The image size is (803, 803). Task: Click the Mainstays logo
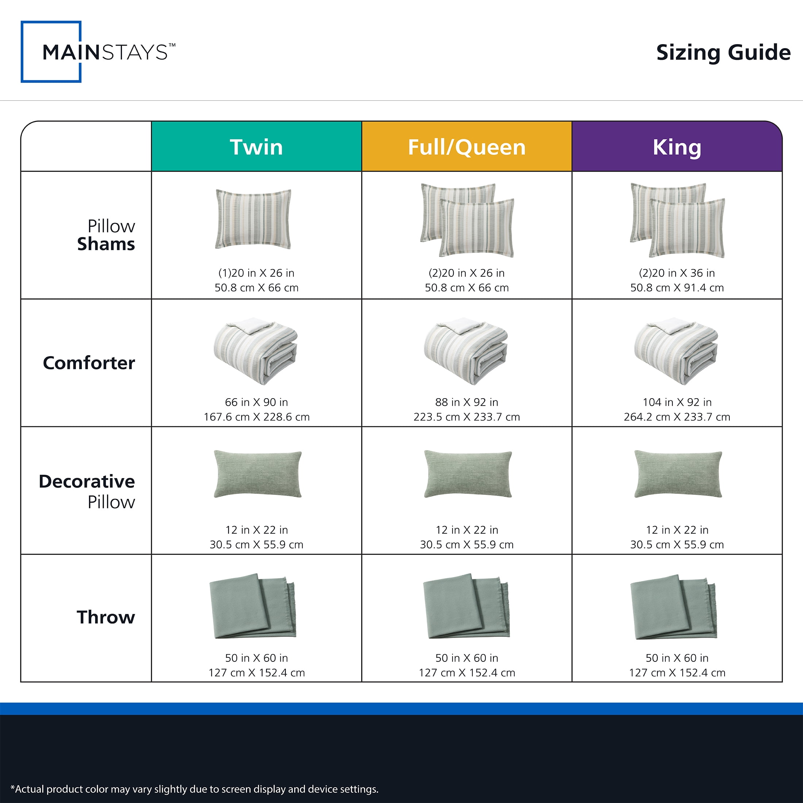[x=98, y=52]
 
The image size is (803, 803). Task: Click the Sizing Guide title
[x=723, y=53]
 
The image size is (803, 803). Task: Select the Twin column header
[x=257, y=146]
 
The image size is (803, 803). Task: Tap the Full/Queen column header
[x=467, y=146]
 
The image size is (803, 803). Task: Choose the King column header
[x=677, y=146]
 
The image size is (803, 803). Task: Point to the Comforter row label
[x=89, y=363]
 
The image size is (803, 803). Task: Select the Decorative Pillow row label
[x=87, y=491]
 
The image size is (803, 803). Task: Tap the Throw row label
[x=106, y=617]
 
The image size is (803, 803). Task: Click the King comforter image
[x=676, y=351]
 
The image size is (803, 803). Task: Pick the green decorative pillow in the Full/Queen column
[x=468, y=474]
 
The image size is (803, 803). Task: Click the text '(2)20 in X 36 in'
[x=677, y=273]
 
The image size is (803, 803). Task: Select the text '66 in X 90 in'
[x=257, y=402]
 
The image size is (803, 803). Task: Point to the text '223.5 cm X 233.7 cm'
[x=467, y=416]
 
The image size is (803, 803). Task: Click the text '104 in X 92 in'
[x=677, y=402]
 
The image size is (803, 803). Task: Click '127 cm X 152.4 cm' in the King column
[x=677, y=672]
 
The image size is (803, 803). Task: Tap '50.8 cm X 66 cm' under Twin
[x=257, y=288]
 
